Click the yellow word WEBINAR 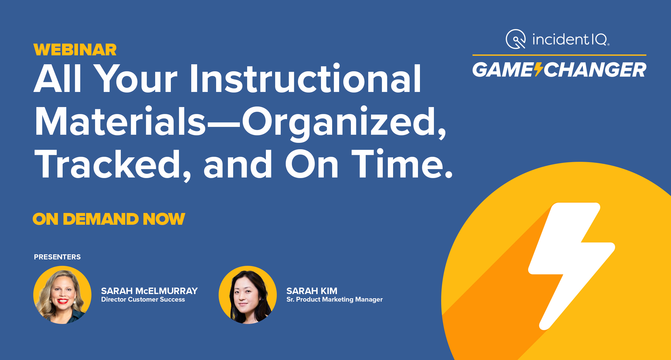[x=75, y=50]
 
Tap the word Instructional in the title [x=305, y=79]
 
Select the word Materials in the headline [x=120, y=122]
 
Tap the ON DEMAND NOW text [x=109, y=219]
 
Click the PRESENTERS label [x=57, y=257]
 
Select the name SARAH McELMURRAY [x=149, y=291]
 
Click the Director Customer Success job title [x=143, y=299]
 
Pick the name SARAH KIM [x=312, y=291]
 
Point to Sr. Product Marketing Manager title [x=334, y=299]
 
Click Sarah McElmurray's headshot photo [x=62, y=295]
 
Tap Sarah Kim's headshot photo [x=248, y=295]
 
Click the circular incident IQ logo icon [x=516, y=39]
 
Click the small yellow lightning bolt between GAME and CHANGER [x=538, y=70]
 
